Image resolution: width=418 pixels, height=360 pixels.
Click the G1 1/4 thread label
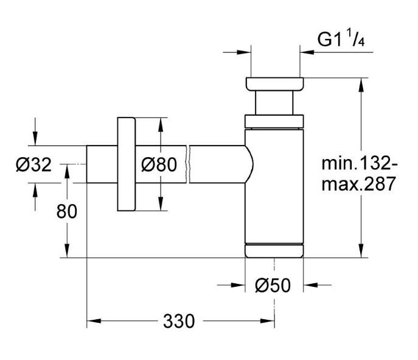[341, 41]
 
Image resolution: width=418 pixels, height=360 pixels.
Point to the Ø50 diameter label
[273, 284]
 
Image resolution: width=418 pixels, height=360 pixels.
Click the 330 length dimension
[179, 320]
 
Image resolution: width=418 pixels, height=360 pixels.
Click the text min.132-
[360, 163]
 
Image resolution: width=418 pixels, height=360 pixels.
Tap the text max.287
[360, 183]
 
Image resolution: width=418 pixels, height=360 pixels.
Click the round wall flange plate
[127, 164]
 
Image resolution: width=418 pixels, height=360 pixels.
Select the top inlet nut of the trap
[274, 83]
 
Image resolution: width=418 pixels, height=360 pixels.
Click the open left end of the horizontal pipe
[88, 164]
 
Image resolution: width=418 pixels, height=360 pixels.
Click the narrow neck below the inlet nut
[274, 102]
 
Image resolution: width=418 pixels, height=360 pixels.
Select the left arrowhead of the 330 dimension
[92, 320]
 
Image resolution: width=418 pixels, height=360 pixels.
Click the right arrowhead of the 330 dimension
[270, 320]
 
